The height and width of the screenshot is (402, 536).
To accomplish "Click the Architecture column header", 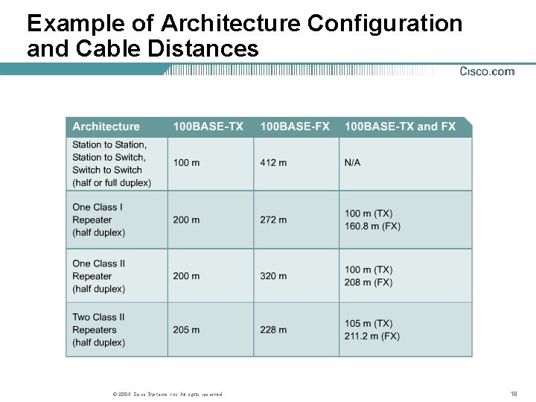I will click(x=106, y=127).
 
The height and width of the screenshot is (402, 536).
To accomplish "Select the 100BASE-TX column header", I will click(x=208, y=127).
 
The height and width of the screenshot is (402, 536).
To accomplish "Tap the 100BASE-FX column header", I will click(x=294, y=127).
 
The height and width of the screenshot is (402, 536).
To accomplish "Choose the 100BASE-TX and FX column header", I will click(x=400, y=127).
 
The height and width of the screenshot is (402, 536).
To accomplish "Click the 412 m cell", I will click(x=273, y=162).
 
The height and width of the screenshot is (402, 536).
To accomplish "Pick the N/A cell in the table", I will click(x=352, y=162).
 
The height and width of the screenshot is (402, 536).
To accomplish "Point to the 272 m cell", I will click(x=273, y=220).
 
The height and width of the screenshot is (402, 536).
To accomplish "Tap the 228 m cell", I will click(x=273, y=330).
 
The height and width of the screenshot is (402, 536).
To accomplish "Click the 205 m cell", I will click(x=186, y=330).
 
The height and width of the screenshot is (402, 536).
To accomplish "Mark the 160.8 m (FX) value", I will click(x=372, y=226).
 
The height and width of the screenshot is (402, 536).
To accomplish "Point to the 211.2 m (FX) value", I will click(x=372, y=336).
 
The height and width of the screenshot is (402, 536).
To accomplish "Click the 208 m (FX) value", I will click(x=368, y=283).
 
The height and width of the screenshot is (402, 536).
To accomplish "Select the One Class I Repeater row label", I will click(x=98, y=220).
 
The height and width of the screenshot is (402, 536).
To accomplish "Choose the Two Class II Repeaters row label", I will click(x=98, y=330).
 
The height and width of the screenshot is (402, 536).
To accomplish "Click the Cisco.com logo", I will click(x=487, y=71).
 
